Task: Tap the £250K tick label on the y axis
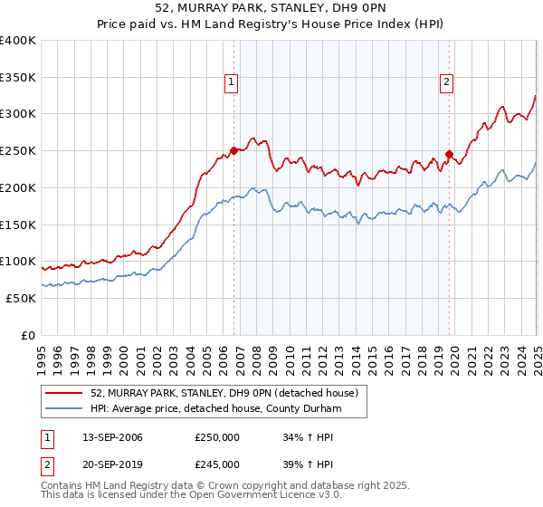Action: [x=18, y=151]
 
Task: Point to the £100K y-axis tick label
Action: [x=18, y=262]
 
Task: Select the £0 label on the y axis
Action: [x=28, y=335]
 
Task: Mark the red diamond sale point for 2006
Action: [x=233, y=150]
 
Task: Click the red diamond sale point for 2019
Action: [x=448, y=154]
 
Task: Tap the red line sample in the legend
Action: [x=64, y=393]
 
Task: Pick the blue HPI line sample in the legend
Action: [x=64, y=409]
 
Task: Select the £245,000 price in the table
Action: [x=217, y=464]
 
